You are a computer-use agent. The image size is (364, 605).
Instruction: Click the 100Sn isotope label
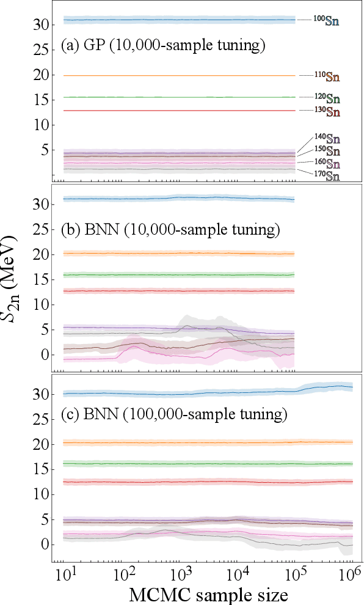point(327,21)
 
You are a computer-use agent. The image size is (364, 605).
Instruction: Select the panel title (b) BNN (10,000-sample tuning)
point(170,230)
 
